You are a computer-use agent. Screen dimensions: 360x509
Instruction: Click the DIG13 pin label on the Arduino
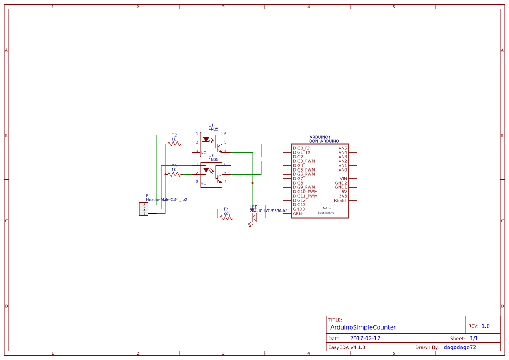[299, 205]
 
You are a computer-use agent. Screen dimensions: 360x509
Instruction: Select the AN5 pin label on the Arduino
[343, 148]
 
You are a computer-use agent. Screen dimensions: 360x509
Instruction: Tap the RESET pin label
[340, 200]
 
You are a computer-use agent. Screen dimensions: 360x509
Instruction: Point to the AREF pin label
[298, 213]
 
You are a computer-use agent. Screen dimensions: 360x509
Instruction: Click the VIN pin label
[343, 178]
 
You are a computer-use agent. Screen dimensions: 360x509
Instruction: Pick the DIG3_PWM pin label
[304, 161]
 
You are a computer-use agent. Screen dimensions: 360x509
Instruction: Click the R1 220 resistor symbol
[227, 218]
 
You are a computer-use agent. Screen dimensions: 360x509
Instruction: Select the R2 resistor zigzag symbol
[174, 143]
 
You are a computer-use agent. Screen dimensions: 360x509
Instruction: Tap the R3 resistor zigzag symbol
[174, 174]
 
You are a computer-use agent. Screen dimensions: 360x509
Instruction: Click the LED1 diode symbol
[254, 218]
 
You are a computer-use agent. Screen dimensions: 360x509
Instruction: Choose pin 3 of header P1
[145, 205]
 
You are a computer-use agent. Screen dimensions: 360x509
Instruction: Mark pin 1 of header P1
[145, 213]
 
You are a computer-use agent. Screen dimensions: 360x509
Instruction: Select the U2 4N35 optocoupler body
[211, 175]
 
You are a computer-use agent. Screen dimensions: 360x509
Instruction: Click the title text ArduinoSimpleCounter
[363, 327]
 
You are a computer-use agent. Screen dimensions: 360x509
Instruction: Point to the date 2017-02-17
[365, 338]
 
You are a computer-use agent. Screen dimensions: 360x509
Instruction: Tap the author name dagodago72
[459, 347]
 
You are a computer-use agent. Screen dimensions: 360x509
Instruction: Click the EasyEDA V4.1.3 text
[347, 347]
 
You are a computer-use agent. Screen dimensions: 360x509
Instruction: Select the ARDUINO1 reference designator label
[320, 137]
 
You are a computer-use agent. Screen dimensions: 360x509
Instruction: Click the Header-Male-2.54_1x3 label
[166, 199]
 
